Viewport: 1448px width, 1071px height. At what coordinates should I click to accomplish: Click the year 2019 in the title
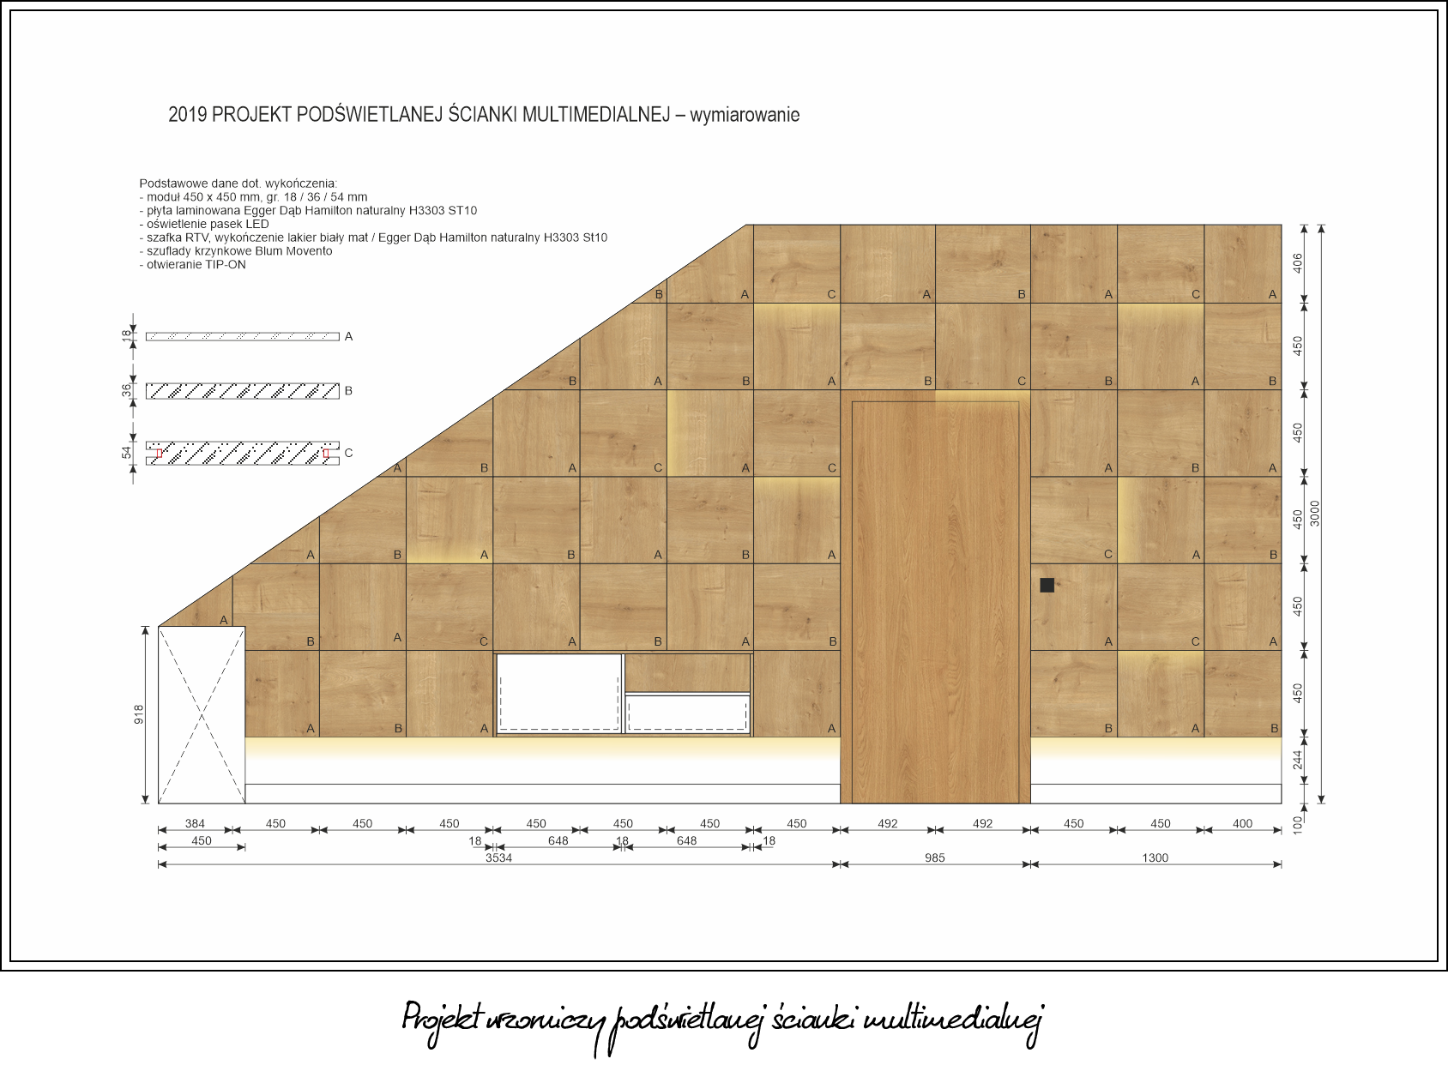click(x=187, y=115)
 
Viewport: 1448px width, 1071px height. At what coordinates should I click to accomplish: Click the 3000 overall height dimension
click(x=1316, y=514)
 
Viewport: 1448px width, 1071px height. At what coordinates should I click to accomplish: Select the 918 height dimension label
click(x=138, y=714)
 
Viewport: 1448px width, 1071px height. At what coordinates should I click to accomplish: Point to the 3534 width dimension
click(x=498, y=858)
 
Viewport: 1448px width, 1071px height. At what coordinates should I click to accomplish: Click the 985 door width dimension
click(x=935, y=858)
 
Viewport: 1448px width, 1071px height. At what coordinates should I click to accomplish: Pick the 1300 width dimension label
click(x=1155, y=858)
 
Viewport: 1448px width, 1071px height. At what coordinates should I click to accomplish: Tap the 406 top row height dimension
click(x=1298, y=263)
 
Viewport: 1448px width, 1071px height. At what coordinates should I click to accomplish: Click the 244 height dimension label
click(x=1298, y=761)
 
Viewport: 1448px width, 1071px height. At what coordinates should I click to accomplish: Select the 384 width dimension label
click(x=195, y=824)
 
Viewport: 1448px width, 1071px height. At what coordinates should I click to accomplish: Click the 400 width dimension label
click(x=1242, y=824)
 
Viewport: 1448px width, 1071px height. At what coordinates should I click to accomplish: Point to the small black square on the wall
click(x=1047, y=585)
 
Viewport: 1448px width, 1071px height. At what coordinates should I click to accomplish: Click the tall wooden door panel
click(x=935, y=602)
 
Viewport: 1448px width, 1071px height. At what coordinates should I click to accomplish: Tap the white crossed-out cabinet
click(x=202, y=714)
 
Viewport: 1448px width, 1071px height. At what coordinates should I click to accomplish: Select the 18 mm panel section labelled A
click(x=242, y=337)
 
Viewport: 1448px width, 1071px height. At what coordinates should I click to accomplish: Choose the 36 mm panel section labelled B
click(x=242, y=391)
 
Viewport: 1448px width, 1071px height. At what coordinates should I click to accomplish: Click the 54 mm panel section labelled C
click(x=242, y=453)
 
